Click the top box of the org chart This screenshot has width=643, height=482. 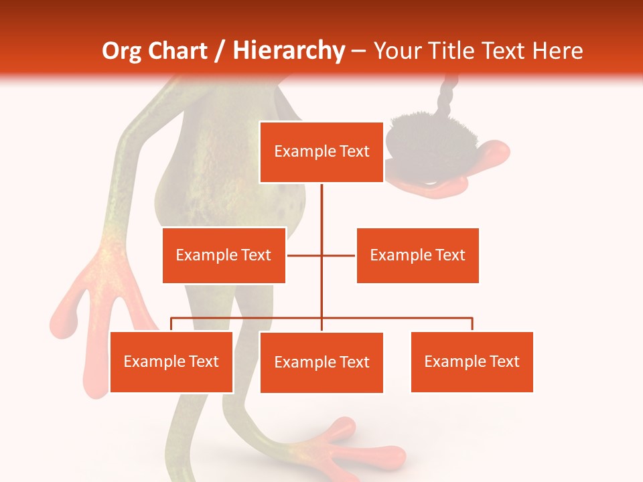[321, 152]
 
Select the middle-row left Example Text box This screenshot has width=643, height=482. [224, 255]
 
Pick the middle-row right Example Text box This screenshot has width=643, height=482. [417, 255]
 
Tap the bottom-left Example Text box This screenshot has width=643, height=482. [171, 361]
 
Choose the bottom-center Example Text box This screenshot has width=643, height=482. [321, 362]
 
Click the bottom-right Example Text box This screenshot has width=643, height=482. [472, 361]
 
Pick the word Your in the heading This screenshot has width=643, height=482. [397, 51]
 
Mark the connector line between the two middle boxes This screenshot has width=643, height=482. [321, 255]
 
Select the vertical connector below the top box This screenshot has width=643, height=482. [321, 208]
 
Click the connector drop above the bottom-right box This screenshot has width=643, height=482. [472, 324]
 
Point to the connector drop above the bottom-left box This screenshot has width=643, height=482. [171, 324]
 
